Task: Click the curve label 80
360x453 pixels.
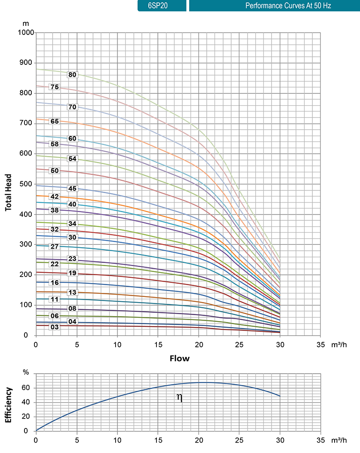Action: pyautogui.click(x=72, y=75)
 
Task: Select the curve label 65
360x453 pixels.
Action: pyautogui.click(x=55, y=122)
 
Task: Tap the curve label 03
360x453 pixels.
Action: pyautogui.click(x=55, y=327)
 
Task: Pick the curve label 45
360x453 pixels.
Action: pyautogui.click(x=72, y=189)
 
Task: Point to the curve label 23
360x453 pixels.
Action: pyautogui.click(x=72, y=259)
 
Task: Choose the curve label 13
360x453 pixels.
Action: pyautogui.click(x=72, y=292)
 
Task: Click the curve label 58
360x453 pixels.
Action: pyautogui.click(x=55, y=144)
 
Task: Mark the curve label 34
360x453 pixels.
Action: pyautogui.click(x=72, y=224)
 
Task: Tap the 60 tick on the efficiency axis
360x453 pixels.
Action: pyautogui.click(x=26, y=388)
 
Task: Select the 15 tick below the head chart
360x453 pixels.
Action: pyautogui.click(x=158, y=345)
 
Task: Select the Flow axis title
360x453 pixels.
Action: pyautogui.click(x=180, y=359)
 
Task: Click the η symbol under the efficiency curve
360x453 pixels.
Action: pyautogui.click(x=180, y=398)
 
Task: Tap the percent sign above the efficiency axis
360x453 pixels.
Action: pyautogui.click(x=26, y=373)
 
